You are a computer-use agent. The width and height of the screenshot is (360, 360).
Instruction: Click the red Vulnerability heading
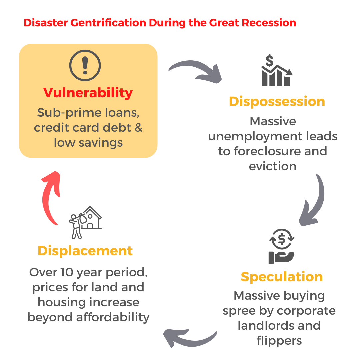(88, 93)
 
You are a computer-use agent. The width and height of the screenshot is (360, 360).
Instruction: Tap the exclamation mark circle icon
(85, 65)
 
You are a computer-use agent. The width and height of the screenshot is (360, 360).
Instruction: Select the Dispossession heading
(277, 101)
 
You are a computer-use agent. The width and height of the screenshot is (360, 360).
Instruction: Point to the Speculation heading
(282, 277)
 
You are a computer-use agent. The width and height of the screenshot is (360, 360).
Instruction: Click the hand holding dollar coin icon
(282, 246)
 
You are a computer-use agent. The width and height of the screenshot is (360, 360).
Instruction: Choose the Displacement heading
(85, 251)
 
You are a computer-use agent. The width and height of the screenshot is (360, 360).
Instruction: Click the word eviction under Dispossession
(273, 166)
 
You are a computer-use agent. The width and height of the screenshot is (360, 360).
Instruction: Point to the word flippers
(279, 340)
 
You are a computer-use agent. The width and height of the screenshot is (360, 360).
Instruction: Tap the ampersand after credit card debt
(138, 128)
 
